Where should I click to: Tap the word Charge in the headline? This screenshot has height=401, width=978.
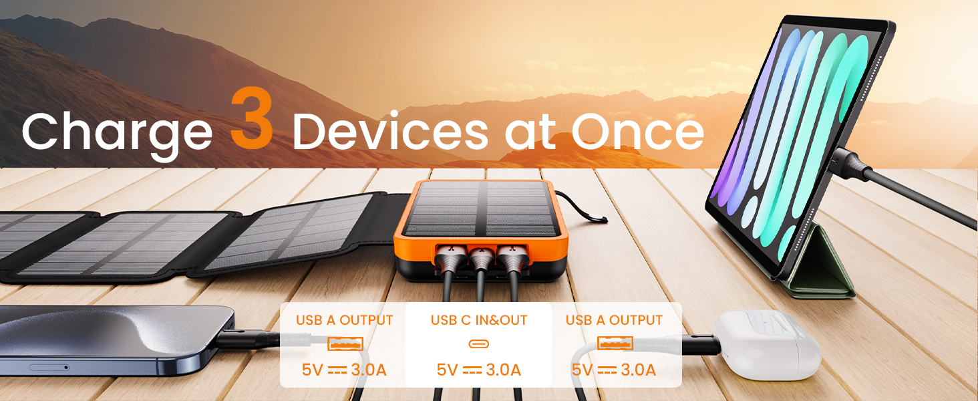coord(117,132)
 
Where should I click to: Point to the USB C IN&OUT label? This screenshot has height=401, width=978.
coord(478,320)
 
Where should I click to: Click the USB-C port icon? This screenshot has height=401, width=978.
coord(478,344)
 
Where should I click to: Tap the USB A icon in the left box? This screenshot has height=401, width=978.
coord(345,344)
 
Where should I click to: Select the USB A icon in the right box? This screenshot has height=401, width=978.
coord(615,344)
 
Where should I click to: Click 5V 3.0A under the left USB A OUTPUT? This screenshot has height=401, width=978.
coord(344,370)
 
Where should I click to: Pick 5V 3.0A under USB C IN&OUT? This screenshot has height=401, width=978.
coord(478,370)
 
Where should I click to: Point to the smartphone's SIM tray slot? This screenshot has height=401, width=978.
coord(49,367)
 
